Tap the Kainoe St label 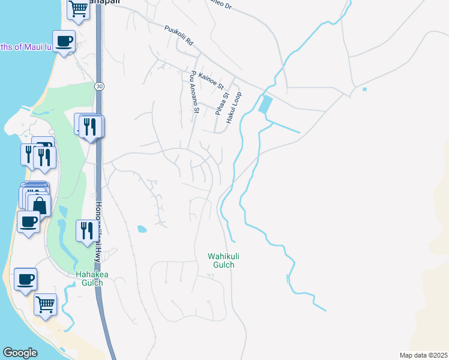point(211,79)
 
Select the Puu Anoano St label point(194,92)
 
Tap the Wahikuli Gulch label point(220,260)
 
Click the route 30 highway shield point(98,86)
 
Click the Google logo point(20,352)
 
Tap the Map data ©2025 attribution point(423,355)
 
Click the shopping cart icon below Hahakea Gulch point(46,303)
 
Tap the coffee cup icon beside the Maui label point(64,41)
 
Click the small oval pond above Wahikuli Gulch point(142,229)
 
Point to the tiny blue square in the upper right point(364,89)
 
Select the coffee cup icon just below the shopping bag point(28,221)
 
